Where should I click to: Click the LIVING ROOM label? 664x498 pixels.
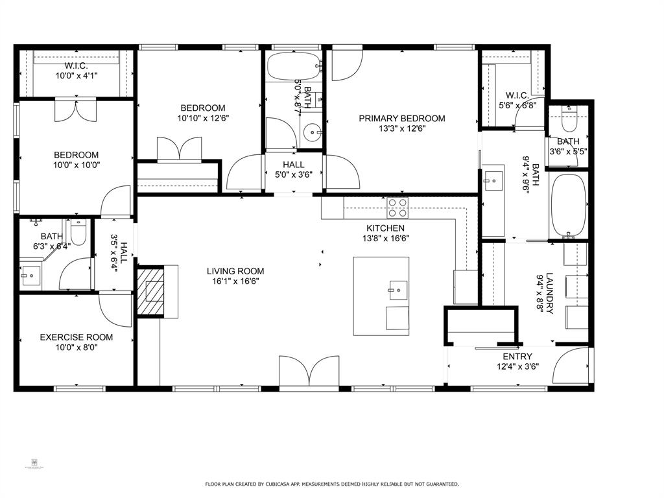(x=235, y=271)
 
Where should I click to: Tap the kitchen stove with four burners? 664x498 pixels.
(x=397, y=207)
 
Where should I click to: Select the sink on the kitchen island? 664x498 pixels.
(x=397, y=286)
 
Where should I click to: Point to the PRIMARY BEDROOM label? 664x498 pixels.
(x=402, y=119)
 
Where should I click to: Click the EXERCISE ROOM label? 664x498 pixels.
(x=76, y=337)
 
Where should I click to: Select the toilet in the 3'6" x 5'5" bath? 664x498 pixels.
(x=569, y=121)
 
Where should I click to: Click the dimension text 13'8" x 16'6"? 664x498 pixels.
(x=385, y=238)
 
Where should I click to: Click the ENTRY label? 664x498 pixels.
(x=517, y=357)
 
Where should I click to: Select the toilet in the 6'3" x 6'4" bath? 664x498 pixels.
(x=78, y=232)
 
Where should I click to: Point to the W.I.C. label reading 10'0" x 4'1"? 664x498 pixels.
(x=76, y=76)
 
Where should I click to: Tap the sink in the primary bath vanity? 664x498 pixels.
(x=493, y=176)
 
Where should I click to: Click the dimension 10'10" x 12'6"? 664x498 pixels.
(x=203, y=118)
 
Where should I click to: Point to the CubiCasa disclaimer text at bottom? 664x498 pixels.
(x=332, y=484)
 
